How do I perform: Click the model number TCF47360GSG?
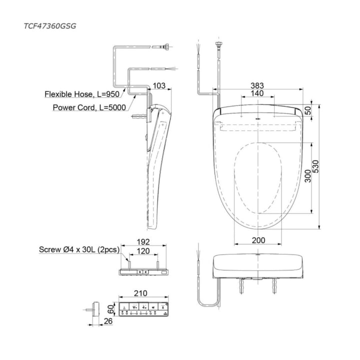tap(51, 23)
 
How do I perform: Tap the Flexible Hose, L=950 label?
tap(82, 94)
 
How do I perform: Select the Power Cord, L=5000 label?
tap(89, 106)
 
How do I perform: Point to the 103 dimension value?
tap(158, 86)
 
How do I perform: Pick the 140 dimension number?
tap(257, 94)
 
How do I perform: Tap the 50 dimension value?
tap(307, 110)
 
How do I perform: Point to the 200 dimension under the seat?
tap(258, 240)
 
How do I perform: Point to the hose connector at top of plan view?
tap(218, 45)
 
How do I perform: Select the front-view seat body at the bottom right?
tap(258, 265)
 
